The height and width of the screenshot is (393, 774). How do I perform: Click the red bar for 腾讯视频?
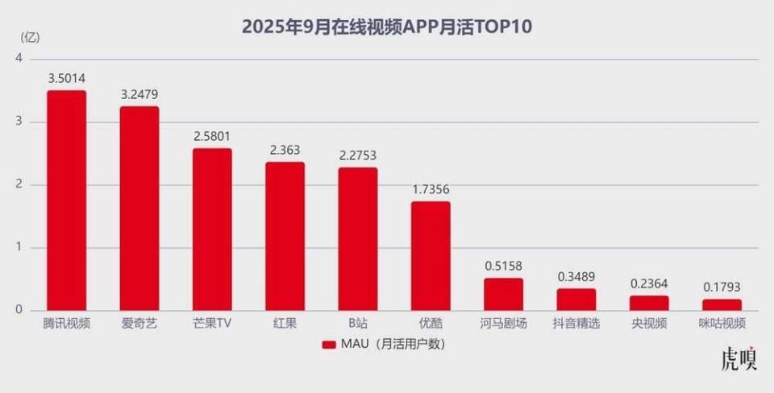click(66, 201)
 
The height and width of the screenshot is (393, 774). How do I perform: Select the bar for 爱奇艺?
click(139, 209)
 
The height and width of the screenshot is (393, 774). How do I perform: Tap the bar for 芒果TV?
click(212, 230)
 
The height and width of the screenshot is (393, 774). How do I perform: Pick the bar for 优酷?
click(431, 256)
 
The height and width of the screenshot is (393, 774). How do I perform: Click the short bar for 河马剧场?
click(503, 295)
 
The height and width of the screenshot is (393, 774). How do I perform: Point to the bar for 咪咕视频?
click(722, 305)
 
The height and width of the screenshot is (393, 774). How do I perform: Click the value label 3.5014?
click(66, 78)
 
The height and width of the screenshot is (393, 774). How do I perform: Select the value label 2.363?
click(285, 150)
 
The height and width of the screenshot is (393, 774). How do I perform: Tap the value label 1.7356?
click(431, 189)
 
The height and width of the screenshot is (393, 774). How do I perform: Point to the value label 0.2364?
click(649, 283)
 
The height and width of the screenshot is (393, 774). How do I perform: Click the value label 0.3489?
click(576, 276)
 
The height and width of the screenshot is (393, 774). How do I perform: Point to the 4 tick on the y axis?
click(19, 58)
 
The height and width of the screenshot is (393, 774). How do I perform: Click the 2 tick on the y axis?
click(19, 184)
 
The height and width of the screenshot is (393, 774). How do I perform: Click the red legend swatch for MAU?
click(328, 345)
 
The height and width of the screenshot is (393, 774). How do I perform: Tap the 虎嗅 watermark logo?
click(739, 359)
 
